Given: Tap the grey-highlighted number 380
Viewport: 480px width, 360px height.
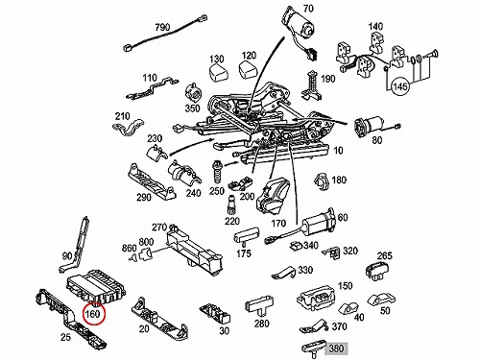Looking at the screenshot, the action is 336,348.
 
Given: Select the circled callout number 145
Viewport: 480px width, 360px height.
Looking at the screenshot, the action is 400,86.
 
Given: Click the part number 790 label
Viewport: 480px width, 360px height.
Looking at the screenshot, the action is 162,27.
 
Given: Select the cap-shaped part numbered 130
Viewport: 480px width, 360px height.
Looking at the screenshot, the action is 219,74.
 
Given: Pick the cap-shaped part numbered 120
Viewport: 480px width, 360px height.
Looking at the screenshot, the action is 248,70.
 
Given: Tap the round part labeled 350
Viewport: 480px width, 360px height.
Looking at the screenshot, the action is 194,93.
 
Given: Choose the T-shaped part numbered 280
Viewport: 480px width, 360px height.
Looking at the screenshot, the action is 259,306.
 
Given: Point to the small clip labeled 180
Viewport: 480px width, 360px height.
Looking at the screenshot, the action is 322,182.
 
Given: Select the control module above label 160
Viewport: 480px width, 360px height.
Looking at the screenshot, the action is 96,286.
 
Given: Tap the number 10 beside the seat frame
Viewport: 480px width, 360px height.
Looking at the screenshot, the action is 338,151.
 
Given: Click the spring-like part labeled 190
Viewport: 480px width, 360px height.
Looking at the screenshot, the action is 312,84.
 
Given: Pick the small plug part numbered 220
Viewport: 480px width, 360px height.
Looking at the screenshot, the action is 231,204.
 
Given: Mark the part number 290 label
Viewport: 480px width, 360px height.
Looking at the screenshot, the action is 144,197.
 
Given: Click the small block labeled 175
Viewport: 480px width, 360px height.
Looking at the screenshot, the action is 247,234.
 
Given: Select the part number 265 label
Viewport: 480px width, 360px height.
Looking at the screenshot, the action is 384,256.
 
